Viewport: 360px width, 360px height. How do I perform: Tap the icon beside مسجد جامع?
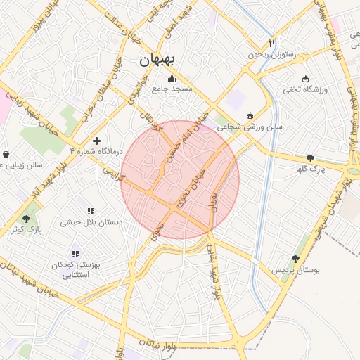click(172, 78)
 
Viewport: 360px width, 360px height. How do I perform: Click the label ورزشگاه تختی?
click(302, 89)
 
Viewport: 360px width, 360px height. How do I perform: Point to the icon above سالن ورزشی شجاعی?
click(250, 115)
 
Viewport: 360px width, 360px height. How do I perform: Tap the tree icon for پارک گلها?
click(311, 158)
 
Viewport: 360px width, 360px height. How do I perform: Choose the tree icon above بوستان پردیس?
click(295, 259)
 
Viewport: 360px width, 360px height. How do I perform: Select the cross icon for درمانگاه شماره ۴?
click(96, 141)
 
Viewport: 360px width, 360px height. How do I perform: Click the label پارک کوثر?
click(27, 229)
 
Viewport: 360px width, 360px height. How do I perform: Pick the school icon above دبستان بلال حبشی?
click(91, 211)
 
